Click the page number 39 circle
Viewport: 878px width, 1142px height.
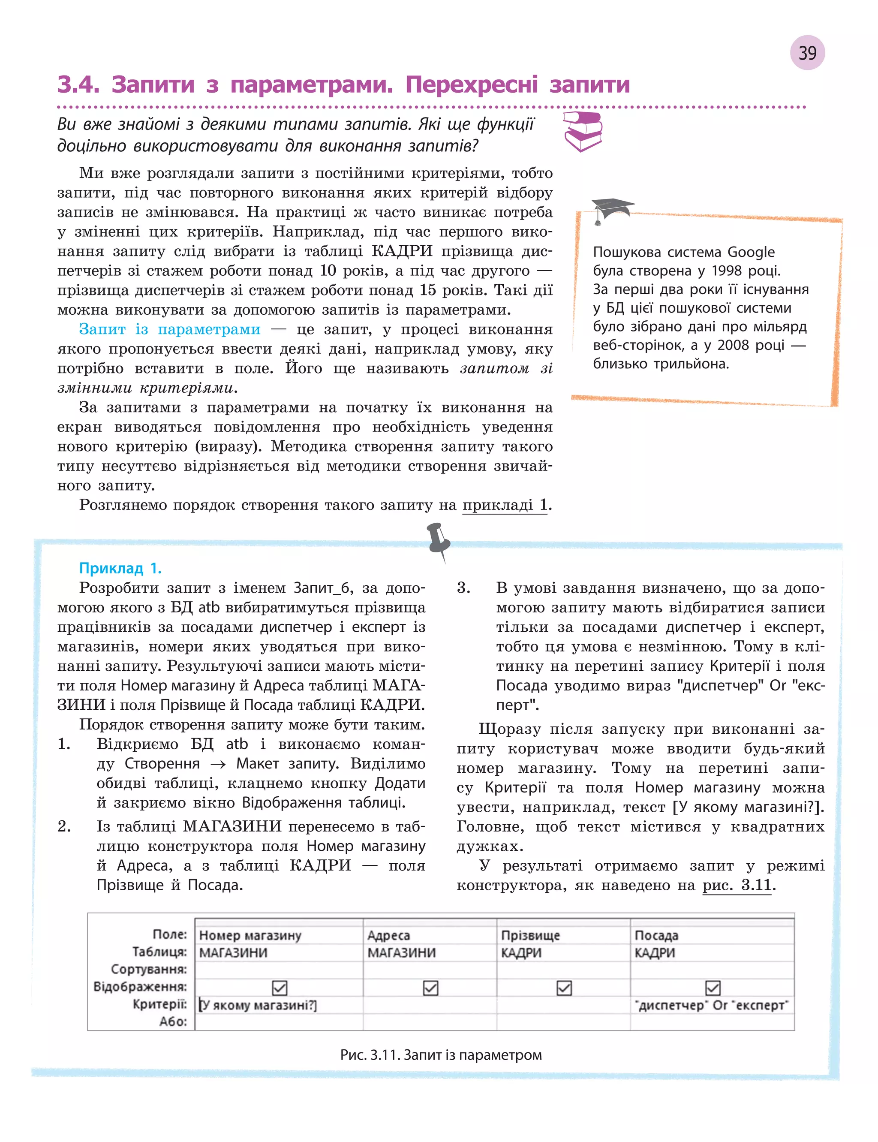pos(807,53)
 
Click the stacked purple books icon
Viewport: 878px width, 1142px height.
pos(583,131)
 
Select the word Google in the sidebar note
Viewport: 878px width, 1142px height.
pos(751,252)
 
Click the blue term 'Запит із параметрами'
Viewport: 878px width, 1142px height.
pos(169,329)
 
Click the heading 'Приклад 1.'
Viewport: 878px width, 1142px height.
pos(120,568)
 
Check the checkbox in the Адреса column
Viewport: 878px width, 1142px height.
pos(430,988)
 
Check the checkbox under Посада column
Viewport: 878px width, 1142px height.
pos(713,988)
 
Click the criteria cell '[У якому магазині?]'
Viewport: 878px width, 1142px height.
pos(258,1005)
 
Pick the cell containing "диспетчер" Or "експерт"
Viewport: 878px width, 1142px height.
pos(711,1005)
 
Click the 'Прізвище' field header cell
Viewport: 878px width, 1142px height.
pos(530,935)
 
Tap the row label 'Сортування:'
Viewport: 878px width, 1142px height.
pos(148,969)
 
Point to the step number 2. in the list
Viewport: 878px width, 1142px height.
pos(64,826)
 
